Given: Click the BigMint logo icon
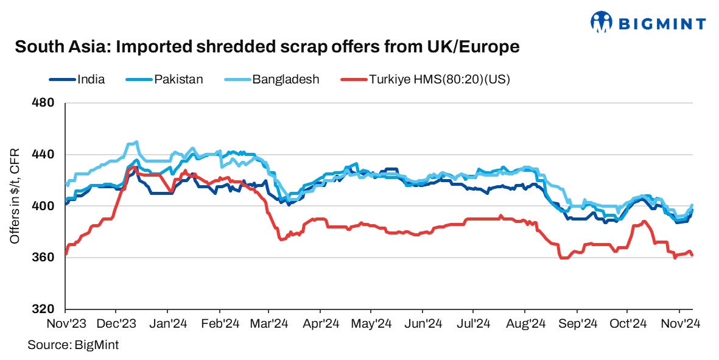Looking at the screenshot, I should [601, 23].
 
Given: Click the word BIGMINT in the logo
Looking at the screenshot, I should [662, 24].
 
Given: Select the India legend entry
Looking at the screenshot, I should [91, 79].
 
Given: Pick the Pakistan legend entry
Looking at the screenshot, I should [178, 79].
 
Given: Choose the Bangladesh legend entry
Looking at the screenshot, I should [286, 79].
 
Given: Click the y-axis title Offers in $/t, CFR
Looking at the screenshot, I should [15, 196].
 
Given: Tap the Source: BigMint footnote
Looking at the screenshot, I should [73, 345].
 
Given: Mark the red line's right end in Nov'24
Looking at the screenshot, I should [693, 255].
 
